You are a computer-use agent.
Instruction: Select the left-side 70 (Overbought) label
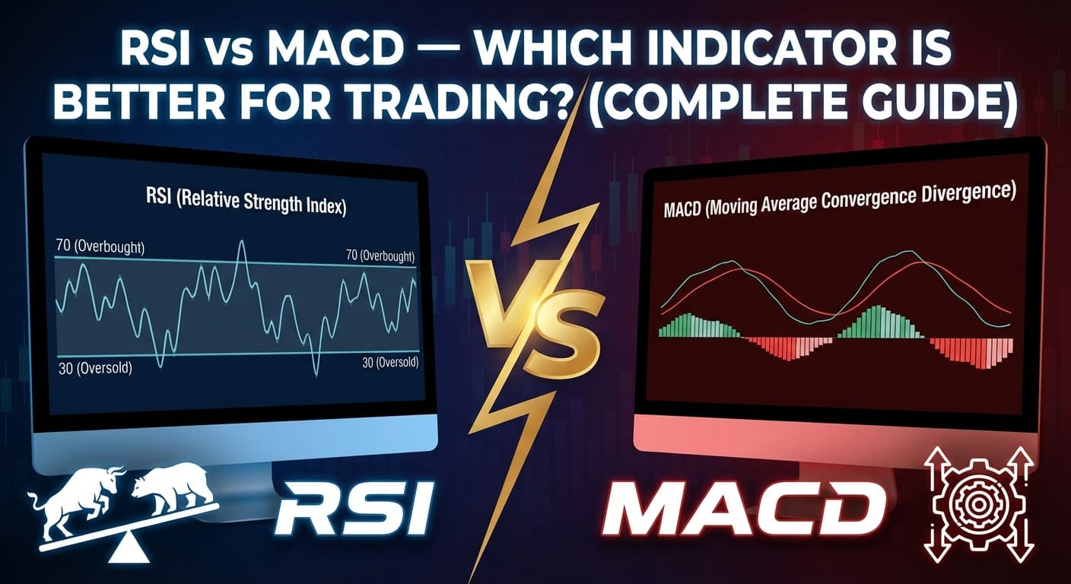100,247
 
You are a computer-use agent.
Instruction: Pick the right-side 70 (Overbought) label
380,255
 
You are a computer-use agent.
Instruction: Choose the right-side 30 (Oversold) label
390,363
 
